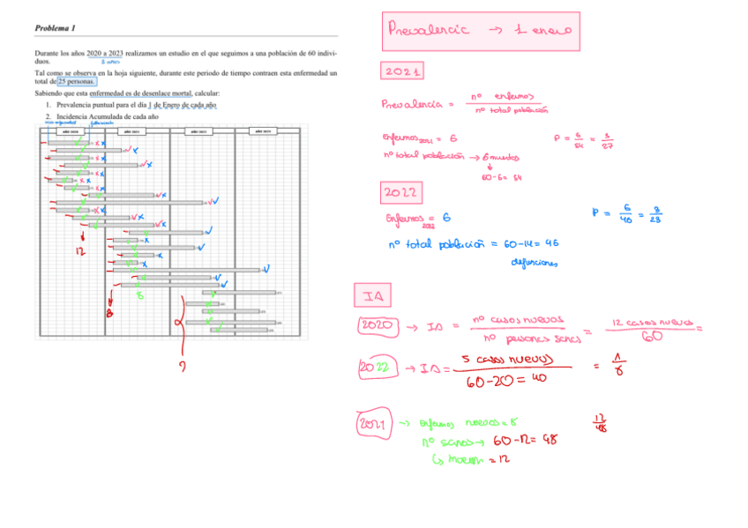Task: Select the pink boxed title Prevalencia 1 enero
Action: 480,32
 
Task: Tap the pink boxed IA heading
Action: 366,293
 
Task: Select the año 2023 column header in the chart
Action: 262,131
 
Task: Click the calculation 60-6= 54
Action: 504,177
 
